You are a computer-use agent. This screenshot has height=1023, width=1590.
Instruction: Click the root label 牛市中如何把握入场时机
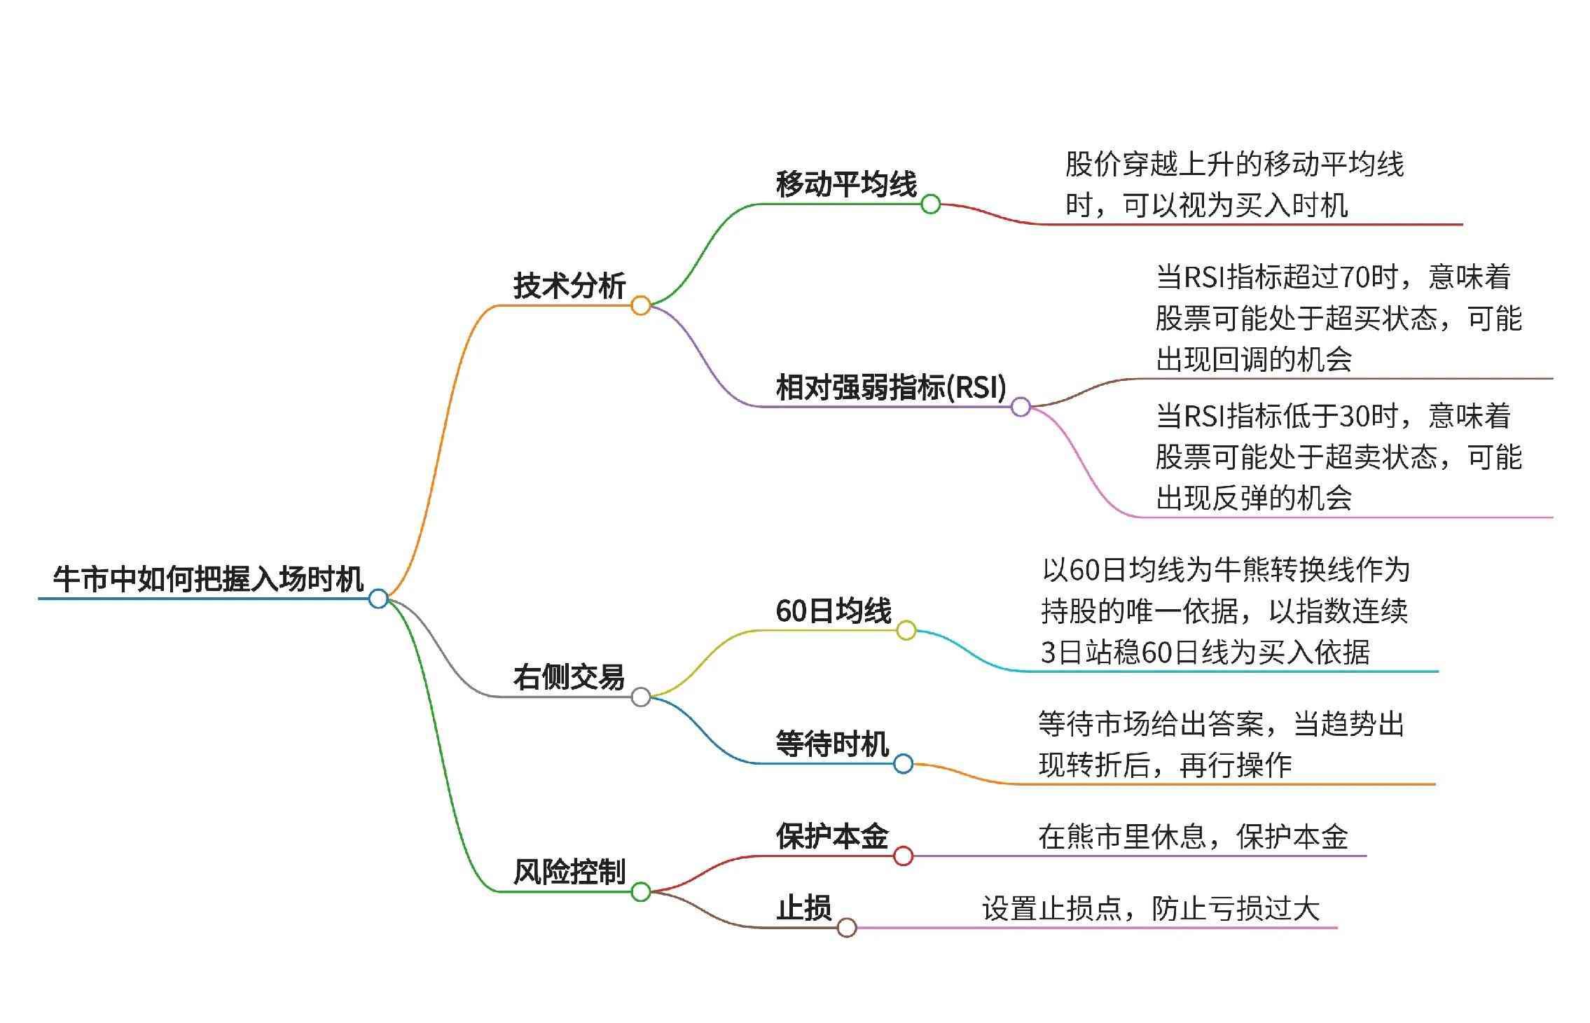coord(208,579)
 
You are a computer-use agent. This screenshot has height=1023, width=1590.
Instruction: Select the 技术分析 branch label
coord(569,286)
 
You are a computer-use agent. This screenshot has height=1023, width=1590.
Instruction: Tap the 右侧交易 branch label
coord(568,677)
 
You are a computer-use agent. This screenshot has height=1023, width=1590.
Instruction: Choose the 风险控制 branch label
coord(568,872)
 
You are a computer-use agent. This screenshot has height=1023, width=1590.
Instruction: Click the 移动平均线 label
coord(846,184)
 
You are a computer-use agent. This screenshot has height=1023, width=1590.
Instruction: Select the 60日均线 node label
coord(834,611)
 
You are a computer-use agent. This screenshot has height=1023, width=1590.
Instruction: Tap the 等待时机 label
coord(832,744)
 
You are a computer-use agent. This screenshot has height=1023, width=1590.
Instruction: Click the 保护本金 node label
coord(832,836)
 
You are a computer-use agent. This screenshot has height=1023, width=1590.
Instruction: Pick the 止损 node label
coord(803,908)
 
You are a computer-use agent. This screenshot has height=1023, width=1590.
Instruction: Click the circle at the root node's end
coord(378,599)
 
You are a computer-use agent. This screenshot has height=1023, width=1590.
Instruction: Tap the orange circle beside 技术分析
coord(640,305)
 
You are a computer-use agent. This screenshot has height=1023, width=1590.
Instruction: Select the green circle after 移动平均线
coord(930,204)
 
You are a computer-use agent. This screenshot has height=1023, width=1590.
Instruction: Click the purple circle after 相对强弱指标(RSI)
coord(1021,407)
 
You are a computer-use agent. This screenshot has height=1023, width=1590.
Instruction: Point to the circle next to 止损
coord(847,928)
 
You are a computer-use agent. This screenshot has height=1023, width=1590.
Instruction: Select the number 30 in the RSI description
coord(1354,417)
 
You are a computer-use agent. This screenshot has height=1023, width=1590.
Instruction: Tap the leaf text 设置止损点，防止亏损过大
coord(1150,909)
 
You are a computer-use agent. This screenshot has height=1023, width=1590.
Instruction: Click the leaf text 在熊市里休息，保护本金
coord(1193,837)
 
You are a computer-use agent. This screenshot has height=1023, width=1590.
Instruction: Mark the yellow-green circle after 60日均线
coord(906,630)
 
